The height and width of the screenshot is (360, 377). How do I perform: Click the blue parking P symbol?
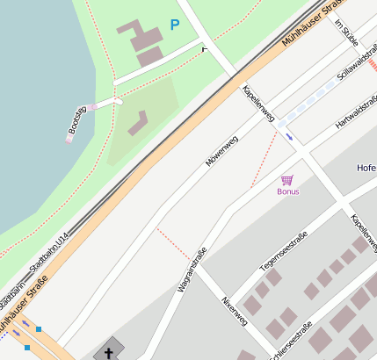point(174,25)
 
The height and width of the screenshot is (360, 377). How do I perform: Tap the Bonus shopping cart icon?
point(287,180)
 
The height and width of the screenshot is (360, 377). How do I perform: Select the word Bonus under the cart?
point(287,191)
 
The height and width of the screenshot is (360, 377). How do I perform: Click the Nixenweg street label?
point(235,312)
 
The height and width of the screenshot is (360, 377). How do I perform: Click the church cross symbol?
point(110,353)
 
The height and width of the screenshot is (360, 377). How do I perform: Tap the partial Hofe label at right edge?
point(366,168)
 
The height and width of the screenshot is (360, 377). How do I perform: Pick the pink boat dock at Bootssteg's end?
point(69,138)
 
